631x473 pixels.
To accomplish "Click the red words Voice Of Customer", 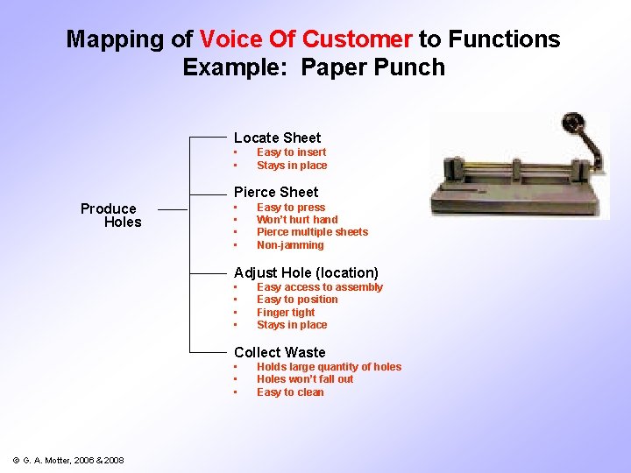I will [x=306, y=39].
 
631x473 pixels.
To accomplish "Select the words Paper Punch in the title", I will [x=373, y=67].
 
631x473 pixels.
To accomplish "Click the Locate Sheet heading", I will [x=277, y=138].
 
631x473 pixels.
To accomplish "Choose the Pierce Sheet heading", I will [x=276, y=192].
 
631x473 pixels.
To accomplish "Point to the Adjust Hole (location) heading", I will [x=306, y=272].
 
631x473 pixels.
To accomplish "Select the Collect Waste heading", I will [x=280, y=352].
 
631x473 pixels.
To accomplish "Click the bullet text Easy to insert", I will [x=291, y=152].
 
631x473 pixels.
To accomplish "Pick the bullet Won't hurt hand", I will [x=296, y=220].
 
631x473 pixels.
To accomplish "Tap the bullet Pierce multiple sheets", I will [x=312, y=232].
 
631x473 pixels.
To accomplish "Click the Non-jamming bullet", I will [x=290, y=245].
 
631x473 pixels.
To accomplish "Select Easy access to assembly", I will [x=319, y=287].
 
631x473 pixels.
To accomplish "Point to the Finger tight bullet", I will [x=286, y=313].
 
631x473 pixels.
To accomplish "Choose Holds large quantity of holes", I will [x=329, y=367].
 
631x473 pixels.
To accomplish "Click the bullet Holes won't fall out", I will [x=305, y=379].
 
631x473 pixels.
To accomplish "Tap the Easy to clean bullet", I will [x=290, y=392].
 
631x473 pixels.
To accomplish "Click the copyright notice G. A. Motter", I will [x=68, y=461].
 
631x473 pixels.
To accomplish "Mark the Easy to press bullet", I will [x=290, y=208].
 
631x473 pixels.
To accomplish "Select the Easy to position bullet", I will [x=297, y=300].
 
